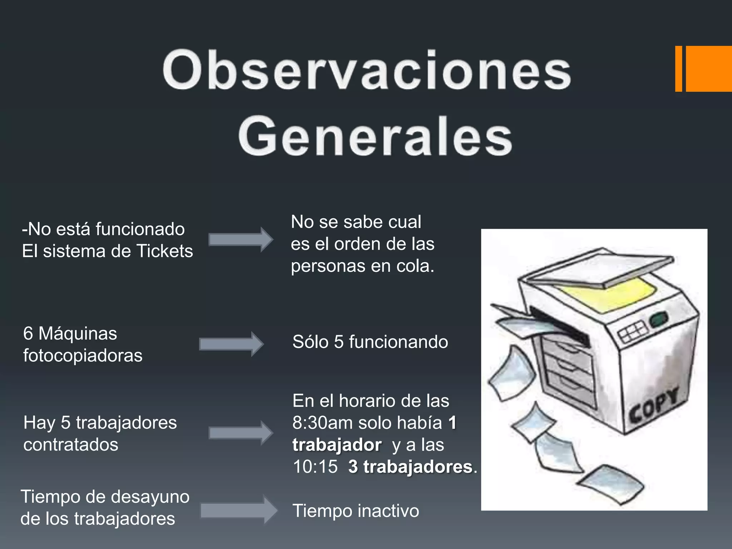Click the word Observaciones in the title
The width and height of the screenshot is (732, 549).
tap(367, 71)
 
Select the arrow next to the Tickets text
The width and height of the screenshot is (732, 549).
tap(241, 239)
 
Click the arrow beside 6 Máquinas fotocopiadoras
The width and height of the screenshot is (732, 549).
tap(231, 344)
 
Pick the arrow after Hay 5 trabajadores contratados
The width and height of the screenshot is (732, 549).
tap(241, 433)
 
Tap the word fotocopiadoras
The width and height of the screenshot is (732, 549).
tap(83, 355)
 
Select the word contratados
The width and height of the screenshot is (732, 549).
tap(71, 445)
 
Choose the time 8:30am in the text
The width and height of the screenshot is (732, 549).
tap(323, 423)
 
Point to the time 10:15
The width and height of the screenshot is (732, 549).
tap(315, 467)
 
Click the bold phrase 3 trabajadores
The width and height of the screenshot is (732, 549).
tap(410, 467)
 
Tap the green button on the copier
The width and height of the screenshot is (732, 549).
tap(659, 318)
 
